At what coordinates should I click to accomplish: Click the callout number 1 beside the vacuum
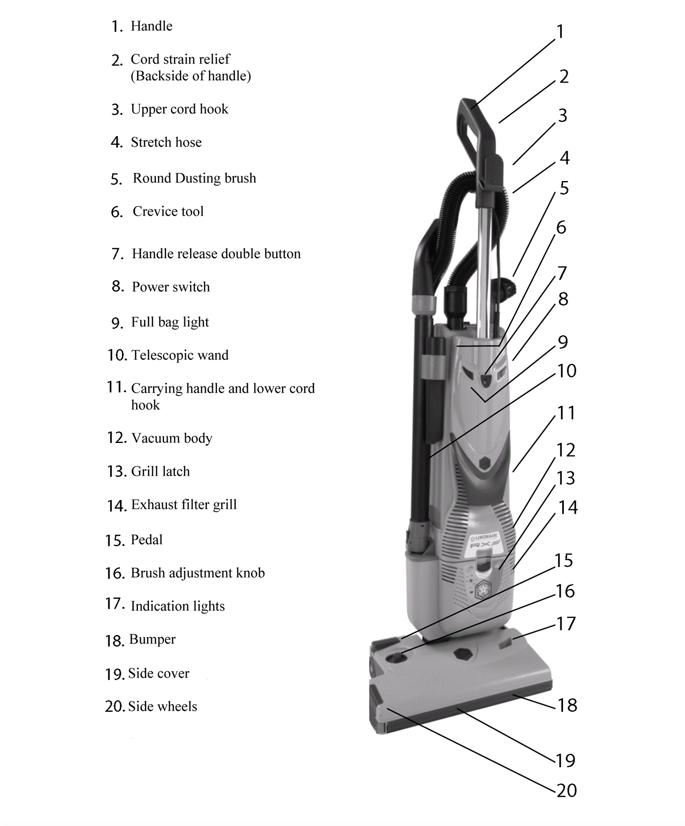coord(560,31)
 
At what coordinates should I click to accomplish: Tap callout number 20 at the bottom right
coord(566,790)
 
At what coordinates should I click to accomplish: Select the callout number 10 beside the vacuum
coord(566,371)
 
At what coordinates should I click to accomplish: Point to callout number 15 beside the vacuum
coord(564,560)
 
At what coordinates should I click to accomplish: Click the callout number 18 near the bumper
coord(567,705)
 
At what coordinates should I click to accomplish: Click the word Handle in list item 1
coord(152,26)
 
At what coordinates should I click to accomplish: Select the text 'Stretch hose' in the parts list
coord(166,142)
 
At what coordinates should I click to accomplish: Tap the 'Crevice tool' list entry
coord(168,211)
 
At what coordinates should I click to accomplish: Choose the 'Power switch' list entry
coord(171,287)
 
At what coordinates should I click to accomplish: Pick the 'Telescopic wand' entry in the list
coord(180,355)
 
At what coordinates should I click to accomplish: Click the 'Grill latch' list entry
coord(160,471)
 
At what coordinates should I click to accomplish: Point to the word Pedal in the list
coord(146,540)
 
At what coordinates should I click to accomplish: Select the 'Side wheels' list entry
coord(162,706)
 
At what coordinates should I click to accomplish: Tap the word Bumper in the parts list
coord(152,639)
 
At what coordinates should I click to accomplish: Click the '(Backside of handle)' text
coord(191,76)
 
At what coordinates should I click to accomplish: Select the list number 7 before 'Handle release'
coord(117,254)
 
